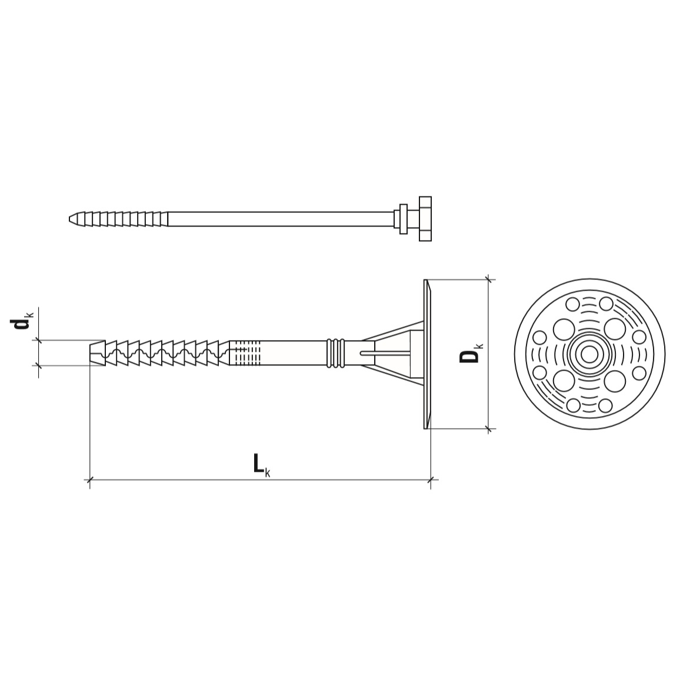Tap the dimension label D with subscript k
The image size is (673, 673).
tap(471, 355)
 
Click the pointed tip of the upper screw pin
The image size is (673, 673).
tap(70, 219)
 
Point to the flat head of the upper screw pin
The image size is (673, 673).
tap(425, 219)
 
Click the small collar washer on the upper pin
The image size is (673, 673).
tap(404, 219)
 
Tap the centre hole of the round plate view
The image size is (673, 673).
tap(589, 355)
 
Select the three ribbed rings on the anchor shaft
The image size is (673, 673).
tap(336, 354)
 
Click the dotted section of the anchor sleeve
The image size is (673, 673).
tap(245, 353)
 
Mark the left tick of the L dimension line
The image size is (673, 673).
tap(89, 480)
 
